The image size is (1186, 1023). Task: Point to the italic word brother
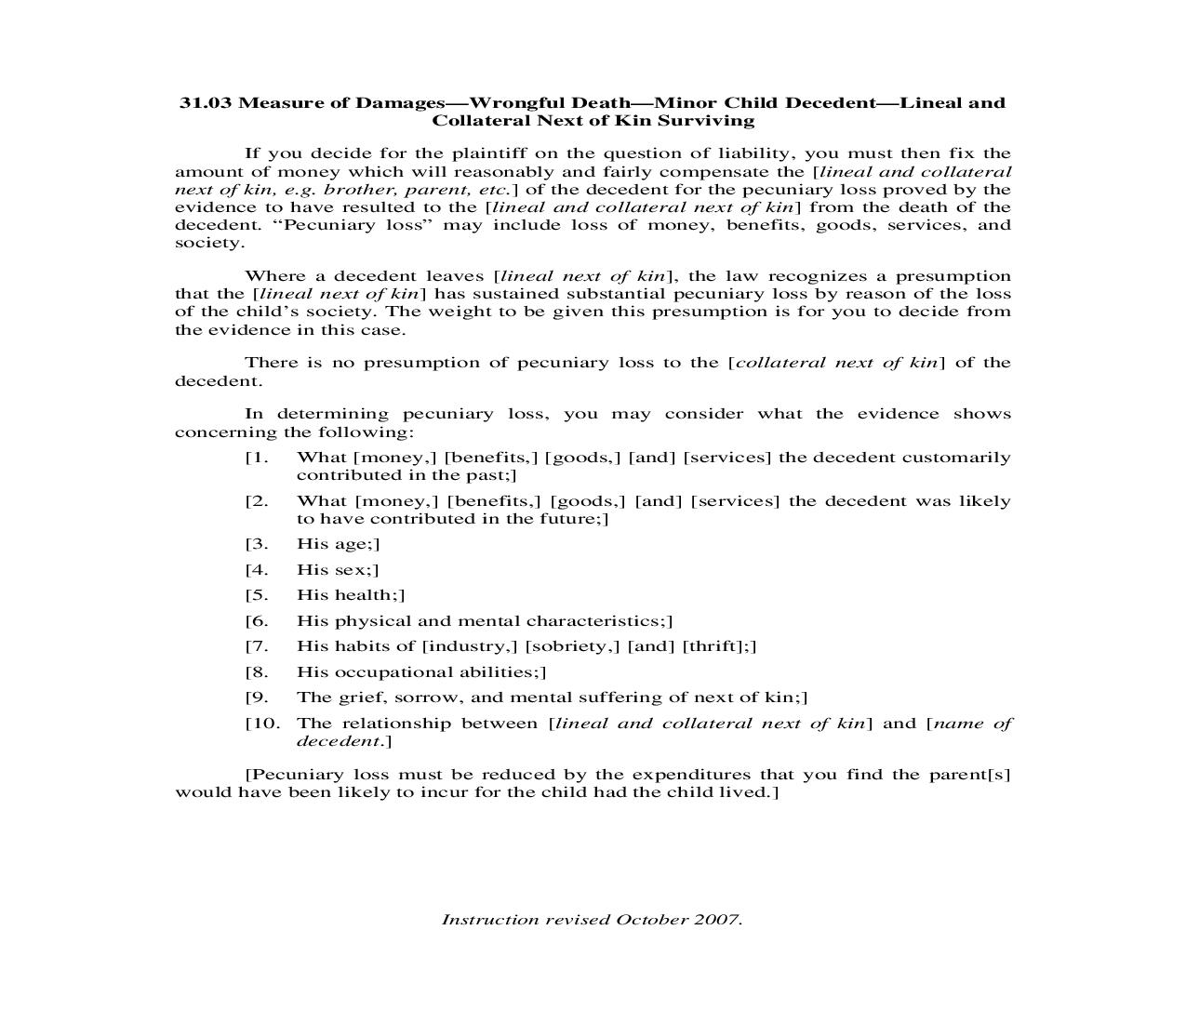click(358, 190)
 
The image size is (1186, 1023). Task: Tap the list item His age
click(338, 544)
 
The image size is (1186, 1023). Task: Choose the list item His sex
click(338, 570)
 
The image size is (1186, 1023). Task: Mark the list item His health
click(351, 595)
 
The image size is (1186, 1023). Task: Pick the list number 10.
click(263, 724)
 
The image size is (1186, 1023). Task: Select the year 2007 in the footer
click(722, 920)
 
